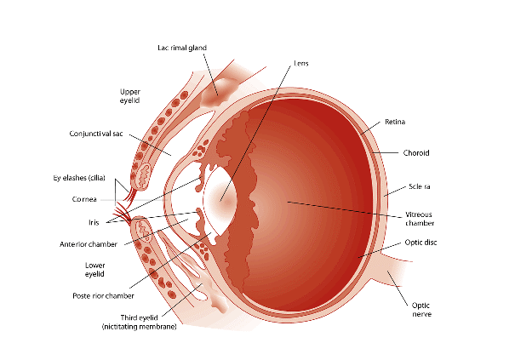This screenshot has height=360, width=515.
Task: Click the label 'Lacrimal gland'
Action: (x=182, y=47)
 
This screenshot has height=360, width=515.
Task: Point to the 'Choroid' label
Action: (x=417, y=153)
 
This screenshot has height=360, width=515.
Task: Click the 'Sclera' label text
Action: (x=420, y=186)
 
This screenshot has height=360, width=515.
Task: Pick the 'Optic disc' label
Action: (x=420, y=243)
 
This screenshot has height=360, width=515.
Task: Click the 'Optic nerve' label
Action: (x=424, y=309)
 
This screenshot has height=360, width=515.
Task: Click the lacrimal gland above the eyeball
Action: (x=213, y=85)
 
